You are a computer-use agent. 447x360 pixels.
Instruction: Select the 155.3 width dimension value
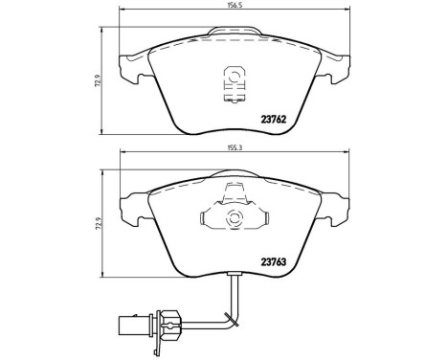pyautogui.click(x=235, y=148)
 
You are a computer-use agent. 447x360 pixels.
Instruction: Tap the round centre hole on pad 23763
pyautogui.click(x=233, y=218)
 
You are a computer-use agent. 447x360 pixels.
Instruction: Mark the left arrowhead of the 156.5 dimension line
pyautogui.click(x=121, y=11)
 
